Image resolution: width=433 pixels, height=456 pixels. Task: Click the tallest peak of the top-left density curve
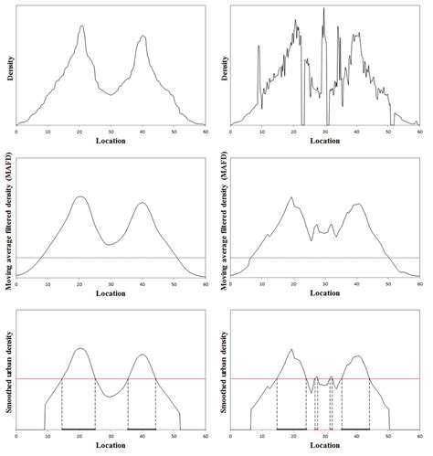pyautogui.click(x=81, y=27)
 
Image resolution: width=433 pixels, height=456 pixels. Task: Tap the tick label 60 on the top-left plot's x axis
pyautogui.click(x=205, y=132)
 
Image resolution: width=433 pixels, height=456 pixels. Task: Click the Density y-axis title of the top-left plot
pyautogui.click(x=6, y=67)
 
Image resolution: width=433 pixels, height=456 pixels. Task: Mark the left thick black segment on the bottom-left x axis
pyautogui.click(x=78, y=428)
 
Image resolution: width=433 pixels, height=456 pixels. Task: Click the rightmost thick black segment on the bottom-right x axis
pyautogui.click(x=355, y=428)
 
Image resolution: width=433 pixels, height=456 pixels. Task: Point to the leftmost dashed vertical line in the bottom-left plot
pyautogui.click(x=61, y=402)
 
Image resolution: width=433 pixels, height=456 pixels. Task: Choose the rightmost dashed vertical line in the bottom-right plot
pyautogui.click(x=369, y=402)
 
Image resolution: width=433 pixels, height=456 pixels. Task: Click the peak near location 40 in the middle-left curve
pyautogui.click(x=142, y=203)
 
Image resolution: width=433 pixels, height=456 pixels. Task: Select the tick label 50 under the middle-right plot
pyautogui.click(x=388, y=283)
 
